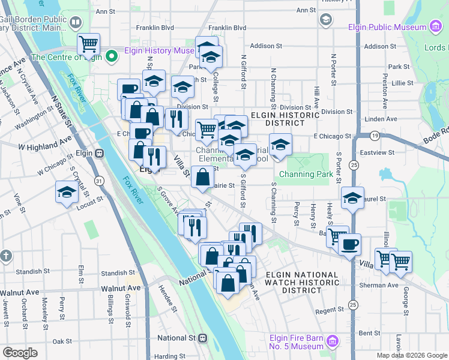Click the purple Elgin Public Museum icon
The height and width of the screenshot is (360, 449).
tap(435, 26)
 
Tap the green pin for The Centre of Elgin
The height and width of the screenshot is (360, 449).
tap(110, 57)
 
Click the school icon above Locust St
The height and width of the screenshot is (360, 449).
tap(67, 192)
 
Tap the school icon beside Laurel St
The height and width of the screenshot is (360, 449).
tap(352, 197)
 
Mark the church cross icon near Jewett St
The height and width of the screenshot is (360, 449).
tap(5, 255)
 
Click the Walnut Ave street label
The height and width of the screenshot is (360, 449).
tap(20, 289)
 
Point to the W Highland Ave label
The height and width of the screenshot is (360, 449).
tap(45, 145)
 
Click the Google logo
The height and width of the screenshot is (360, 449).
tap(20, 352)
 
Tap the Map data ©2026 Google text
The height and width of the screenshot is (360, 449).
tap(411, 355)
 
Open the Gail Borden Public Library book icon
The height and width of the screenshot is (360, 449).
tap(75, 23)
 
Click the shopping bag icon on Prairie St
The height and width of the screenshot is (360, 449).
tap(203, 177)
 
